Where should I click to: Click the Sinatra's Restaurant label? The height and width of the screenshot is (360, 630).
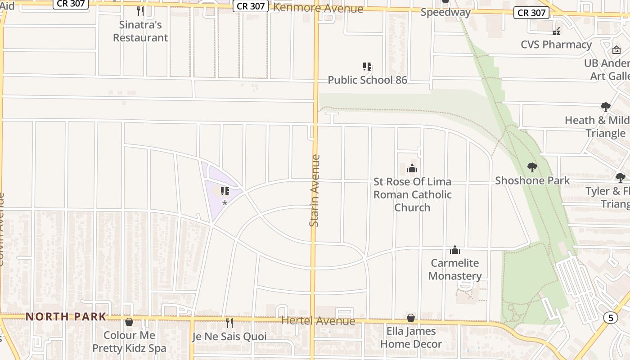(x=140, y=31)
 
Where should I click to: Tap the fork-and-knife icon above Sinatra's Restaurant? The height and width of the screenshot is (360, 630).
(x=140, y=11)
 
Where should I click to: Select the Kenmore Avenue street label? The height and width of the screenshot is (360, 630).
(x=318, y=8)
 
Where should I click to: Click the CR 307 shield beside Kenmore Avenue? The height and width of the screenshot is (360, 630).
(x=251, y=6)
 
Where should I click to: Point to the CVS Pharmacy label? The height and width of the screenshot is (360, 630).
(x=556, y=45)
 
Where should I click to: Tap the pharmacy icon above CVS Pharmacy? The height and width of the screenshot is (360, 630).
(x=556, y=31)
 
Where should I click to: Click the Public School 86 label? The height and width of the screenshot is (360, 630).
(x=367, y=80)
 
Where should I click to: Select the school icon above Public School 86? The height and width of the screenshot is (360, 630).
(x=367, y=67)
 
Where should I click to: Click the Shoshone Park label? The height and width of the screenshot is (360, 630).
(x=532, y=180)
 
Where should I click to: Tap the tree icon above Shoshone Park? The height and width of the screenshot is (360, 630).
(x=532, y=167)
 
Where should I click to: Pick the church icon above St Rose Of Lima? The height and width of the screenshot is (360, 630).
(x=412, y=169)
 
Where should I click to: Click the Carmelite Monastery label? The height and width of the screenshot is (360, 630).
(x=455, y=269)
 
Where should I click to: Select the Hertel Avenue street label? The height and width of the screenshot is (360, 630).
(x=318, y=321)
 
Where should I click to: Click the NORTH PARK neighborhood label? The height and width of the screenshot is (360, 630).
(x=66, y=317)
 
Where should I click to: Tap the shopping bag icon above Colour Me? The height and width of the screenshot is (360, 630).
(x=129, y=322)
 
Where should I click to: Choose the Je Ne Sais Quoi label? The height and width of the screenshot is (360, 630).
(x=229, y=337)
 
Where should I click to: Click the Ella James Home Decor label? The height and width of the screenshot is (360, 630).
(x=411, y=337)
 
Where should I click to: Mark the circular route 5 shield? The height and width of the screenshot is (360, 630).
(x=610, y=318)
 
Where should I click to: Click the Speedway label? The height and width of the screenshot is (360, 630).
(x=445, y=12)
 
